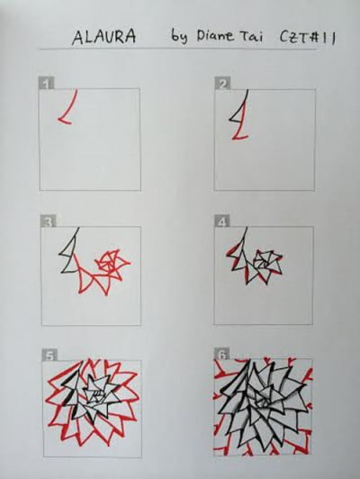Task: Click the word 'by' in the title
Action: pyautogui.click(x=179, y=39)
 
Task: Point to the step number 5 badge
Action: pyautogui.click(x=47, y=355)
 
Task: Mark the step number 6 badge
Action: pyautogui.click(x=221, y=355)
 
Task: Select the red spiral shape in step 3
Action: pyautogui.click(x=112, y=263)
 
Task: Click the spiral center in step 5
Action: pyautogui.click(x=93, y=396)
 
